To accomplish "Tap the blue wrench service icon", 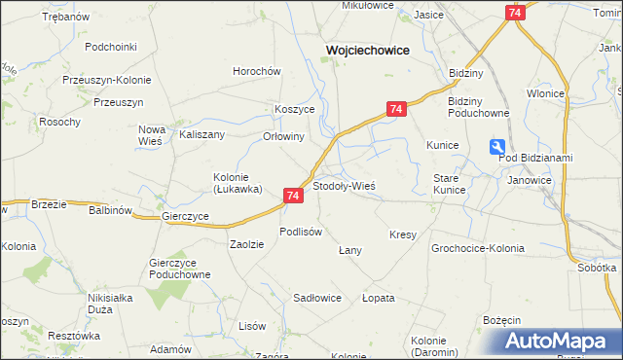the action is [498, 147].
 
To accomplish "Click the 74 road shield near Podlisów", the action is [293, 196].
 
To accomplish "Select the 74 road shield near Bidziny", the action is [515, 12].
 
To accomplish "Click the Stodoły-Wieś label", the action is [344, 185].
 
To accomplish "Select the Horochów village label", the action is [256, 71].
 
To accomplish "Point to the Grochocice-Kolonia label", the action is [477, 248].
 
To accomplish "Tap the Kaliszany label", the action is [202, 135].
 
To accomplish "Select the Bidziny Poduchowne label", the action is [478, 107].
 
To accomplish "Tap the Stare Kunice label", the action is [448, 183].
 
